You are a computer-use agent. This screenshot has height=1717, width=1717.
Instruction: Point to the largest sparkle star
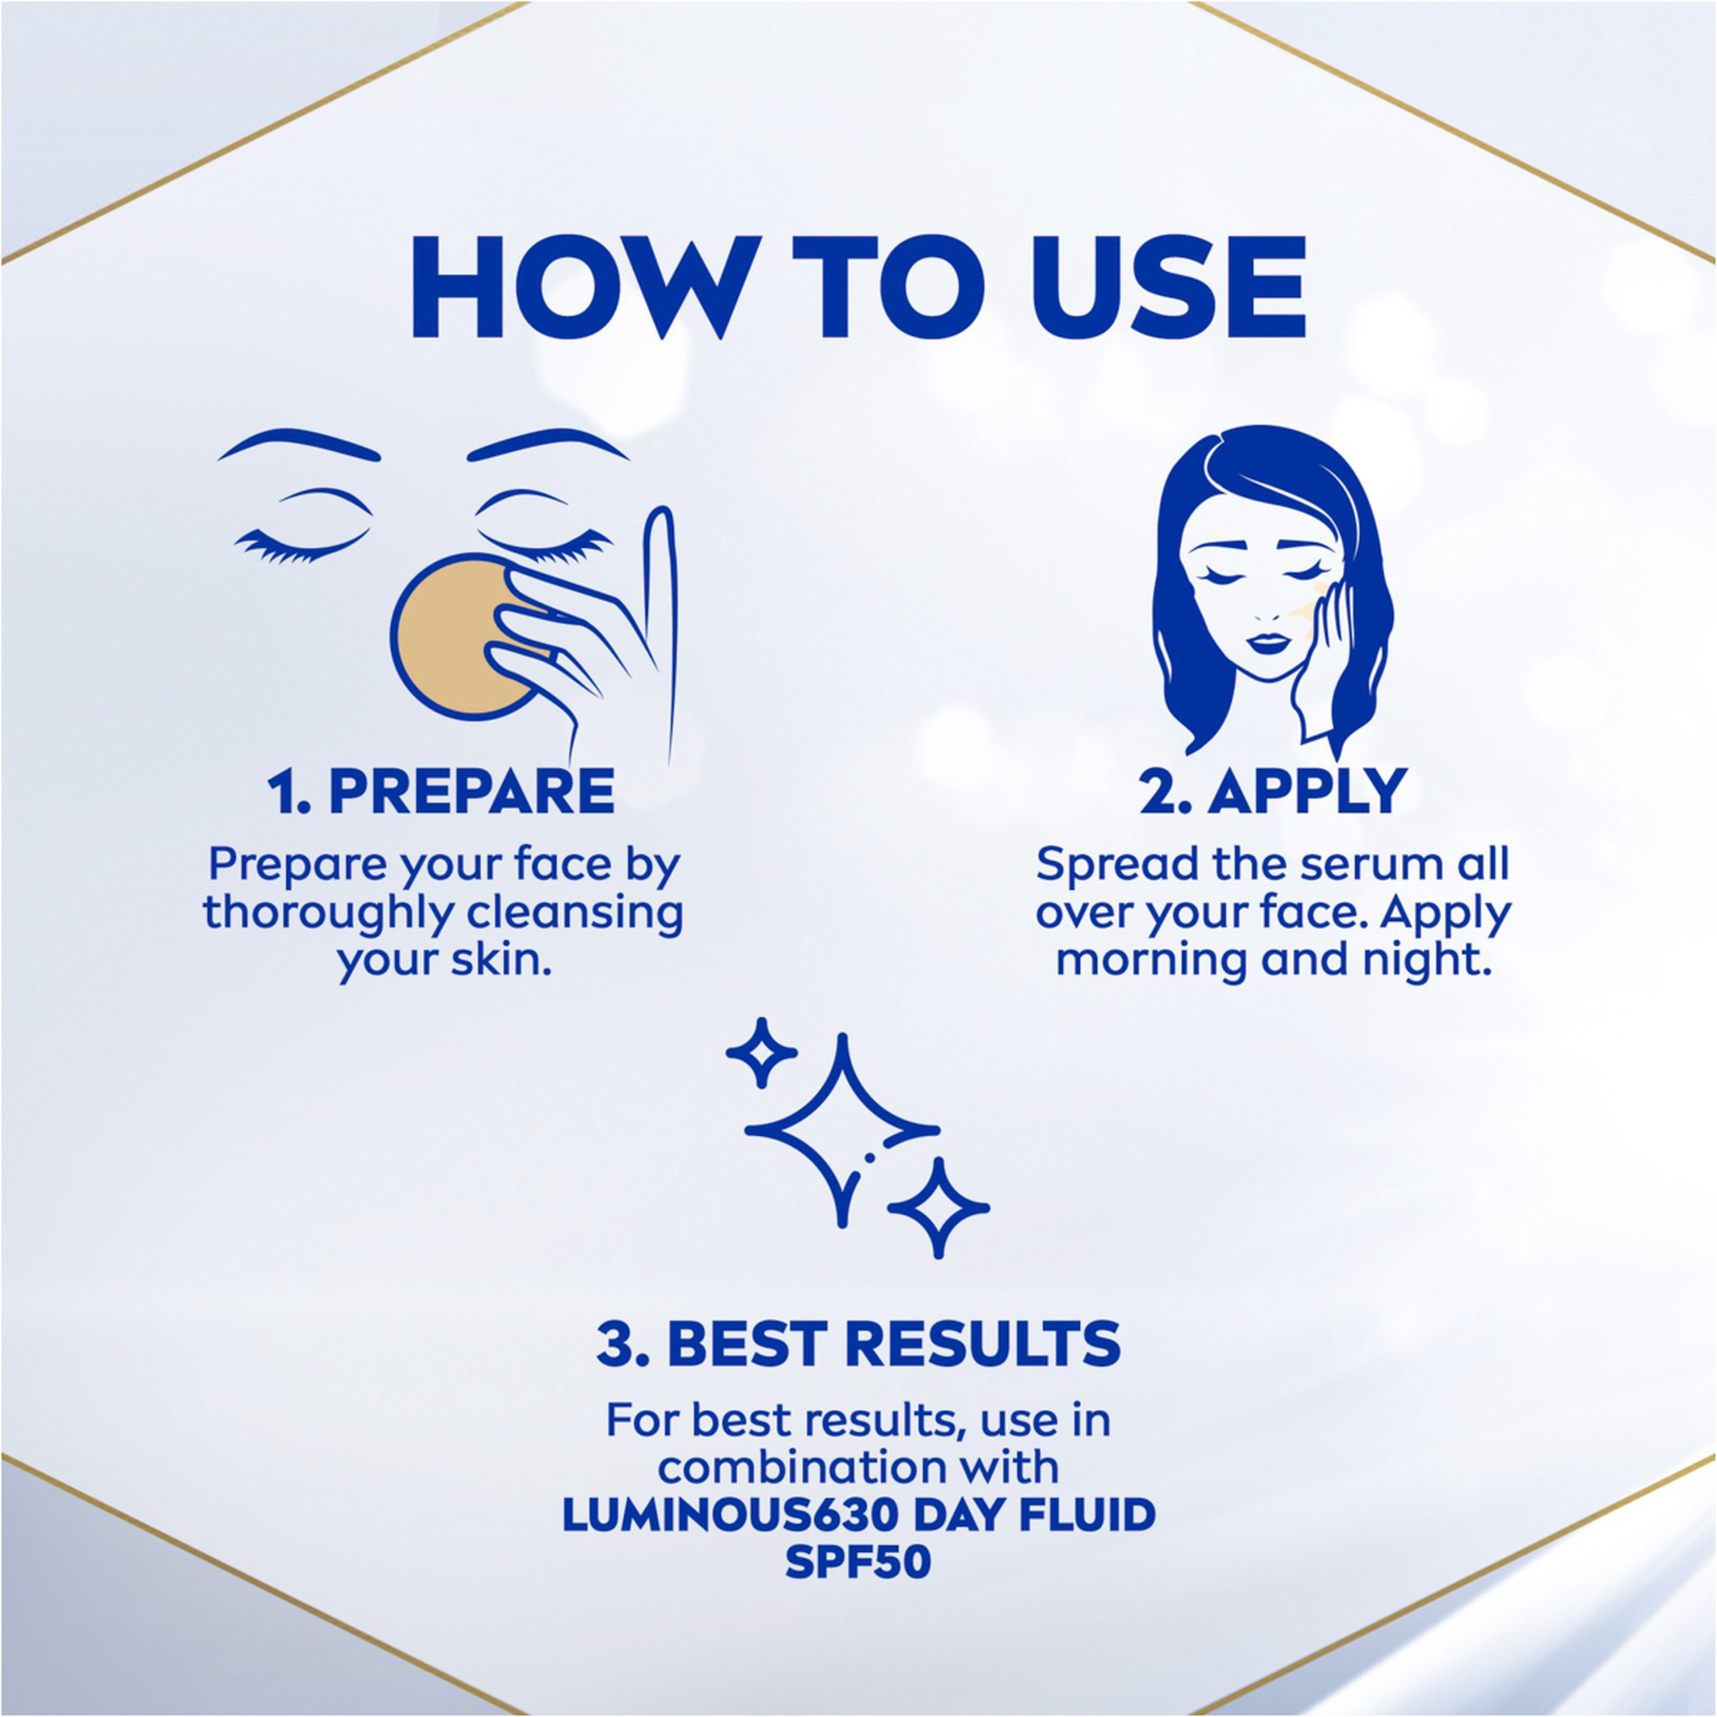click(842, 1130)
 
